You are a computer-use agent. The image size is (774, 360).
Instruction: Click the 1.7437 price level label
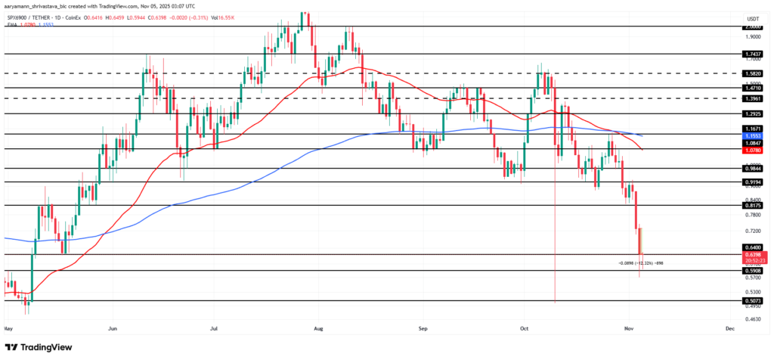751,54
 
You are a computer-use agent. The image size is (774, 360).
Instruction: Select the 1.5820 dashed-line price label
751,74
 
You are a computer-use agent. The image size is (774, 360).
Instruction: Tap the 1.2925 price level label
751,113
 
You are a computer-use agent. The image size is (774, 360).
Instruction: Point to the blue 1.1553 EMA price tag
751,135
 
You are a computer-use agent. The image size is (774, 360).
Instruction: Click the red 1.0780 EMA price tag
751,150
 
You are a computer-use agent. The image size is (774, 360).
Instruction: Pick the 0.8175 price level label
751,205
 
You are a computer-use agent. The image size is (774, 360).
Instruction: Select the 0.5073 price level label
751,300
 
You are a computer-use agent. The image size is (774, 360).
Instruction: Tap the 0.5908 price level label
751,270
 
